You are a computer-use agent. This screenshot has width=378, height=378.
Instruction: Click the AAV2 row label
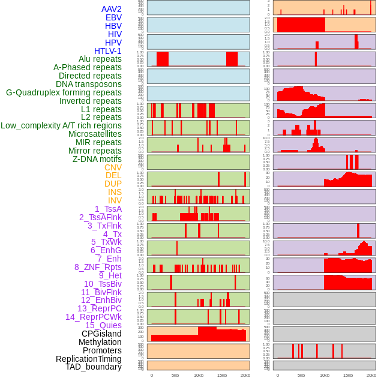coord(112,9)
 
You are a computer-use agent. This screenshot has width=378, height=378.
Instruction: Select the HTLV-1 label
coord(108,51)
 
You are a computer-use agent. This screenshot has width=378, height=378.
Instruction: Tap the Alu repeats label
coord(100,59)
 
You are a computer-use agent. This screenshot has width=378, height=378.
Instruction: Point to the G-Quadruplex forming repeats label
coord(64,92)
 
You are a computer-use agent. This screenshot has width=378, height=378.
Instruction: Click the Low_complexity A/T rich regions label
coord(61,125)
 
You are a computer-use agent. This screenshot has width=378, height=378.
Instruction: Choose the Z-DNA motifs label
coord(97,159)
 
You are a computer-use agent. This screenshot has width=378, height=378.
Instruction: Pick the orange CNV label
coord(113,167)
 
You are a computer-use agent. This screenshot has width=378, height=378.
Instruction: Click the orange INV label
coord(115,200)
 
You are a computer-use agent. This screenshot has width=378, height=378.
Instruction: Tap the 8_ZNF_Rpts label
coord(98,267)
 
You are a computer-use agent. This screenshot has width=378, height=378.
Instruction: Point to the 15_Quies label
coord(103,325)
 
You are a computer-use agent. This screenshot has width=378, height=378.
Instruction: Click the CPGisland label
coord(101,334)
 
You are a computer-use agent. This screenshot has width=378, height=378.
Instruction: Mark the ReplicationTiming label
coord(89,359)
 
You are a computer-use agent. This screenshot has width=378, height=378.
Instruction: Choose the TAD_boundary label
coord(94,367)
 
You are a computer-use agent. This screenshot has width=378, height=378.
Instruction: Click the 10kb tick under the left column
coord(199,375)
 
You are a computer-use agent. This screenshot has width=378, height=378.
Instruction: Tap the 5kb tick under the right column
coord(301,375)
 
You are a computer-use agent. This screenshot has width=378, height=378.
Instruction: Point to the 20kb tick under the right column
coord(371,375)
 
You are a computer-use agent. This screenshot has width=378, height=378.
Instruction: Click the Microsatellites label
coord(95,134)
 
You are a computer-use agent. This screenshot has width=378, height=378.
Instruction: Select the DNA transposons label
coord(89,84)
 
